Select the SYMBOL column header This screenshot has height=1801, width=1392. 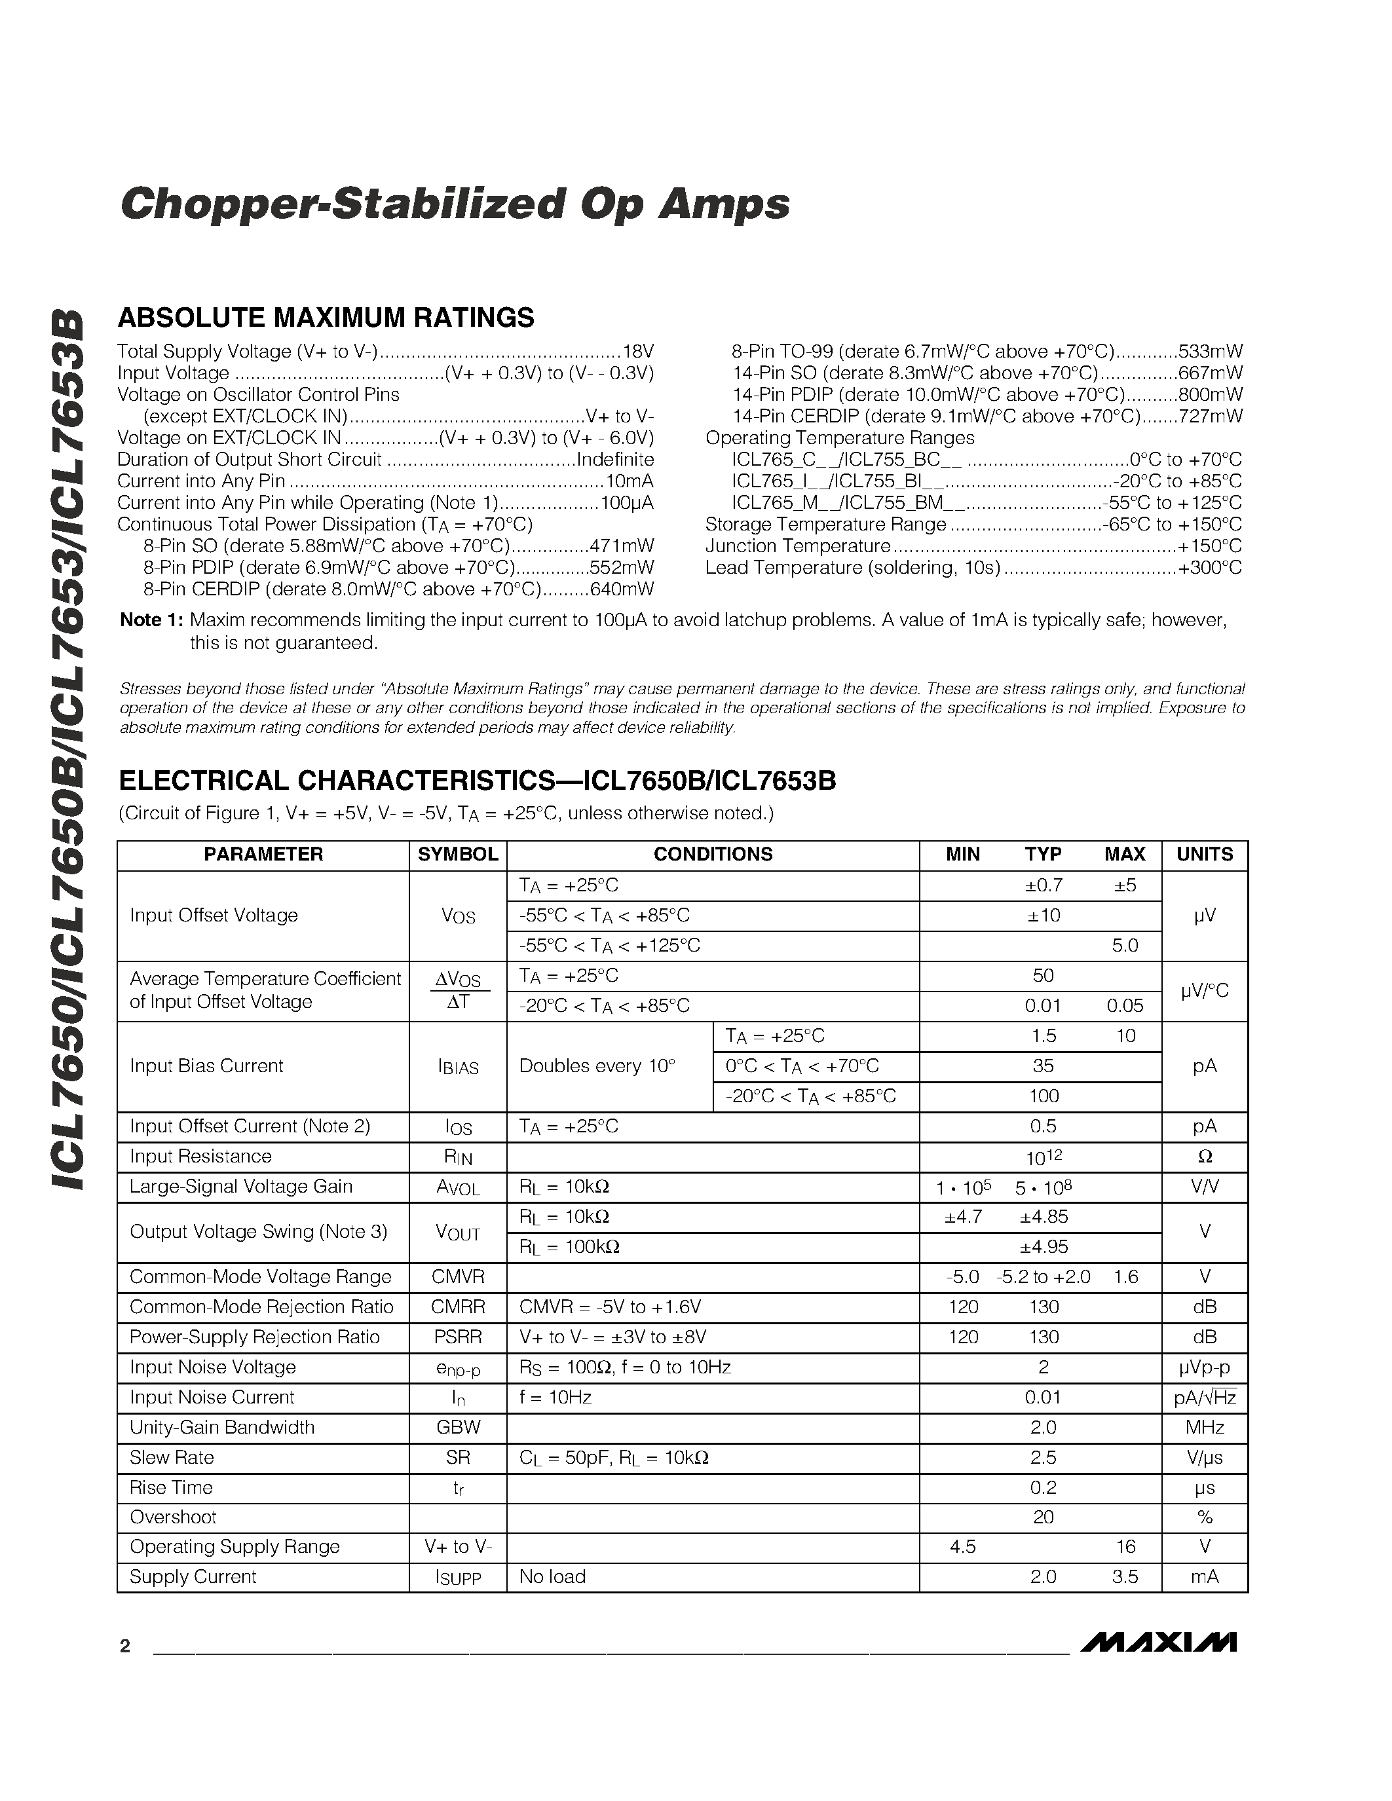click(458, 854)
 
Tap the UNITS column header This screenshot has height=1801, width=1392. click(1204, 854)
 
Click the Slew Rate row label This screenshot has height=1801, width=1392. click(172, 1457)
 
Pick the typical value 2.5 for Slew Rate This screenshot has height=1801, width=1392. click(1042, 1457)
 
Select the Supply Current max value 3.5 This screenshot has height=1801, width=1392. click(1125, 1577)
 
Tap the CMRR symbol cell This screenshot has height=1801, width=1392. click(458, 1307)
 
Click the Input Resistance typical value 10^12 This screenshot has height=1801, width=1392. click(1042, 1156)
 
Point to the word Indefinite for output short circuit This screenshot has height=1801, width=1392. click(615, 459)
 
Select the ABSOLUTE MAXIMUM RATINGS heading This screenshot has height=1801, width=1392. click(326, 318)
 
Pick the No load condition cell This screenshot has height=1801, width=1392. click(552, 1577)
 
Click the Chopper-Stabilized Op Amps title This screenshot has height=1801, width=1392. click(455, 204)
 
